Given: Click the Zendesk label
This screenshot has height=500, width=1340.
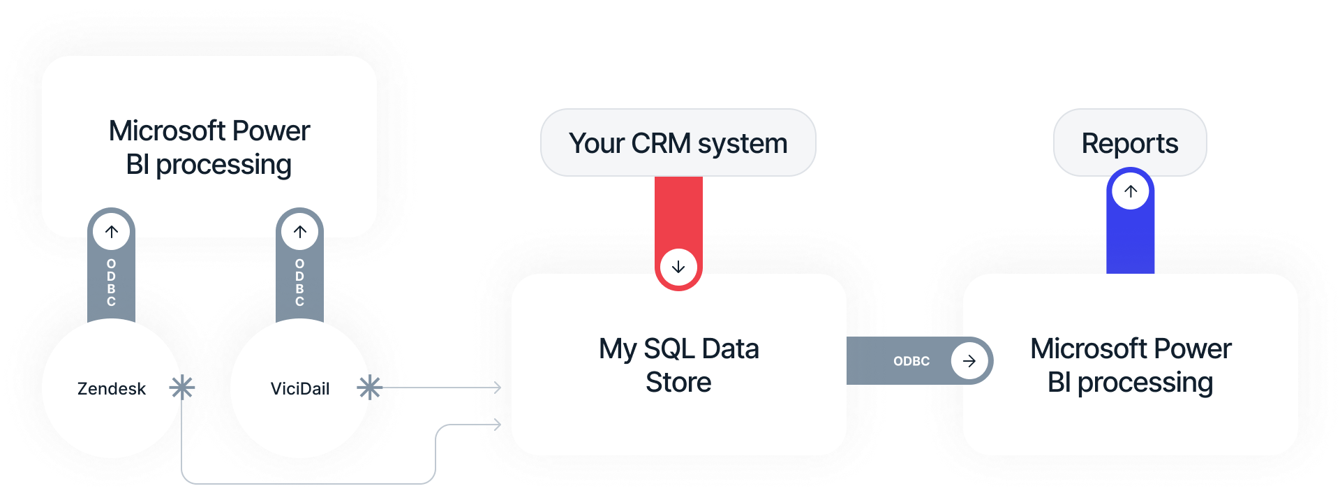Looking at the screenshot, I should coord(112,389).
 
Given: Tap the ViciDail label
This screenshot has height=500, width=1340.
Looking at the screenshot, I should coord(300,389).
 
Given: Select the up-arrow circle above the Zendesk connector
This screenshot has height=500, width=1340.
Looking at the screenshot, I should coord(112,232).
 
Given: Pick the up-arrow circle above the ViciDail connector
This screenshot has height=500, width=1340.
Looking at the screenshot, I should coord(300,232).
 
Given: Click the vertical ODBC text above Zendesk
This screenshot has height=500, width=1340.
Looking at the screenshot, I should coord(112,282).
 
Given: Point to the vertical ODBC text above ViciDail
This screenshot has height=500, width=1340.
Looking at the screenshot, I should coord(300,282).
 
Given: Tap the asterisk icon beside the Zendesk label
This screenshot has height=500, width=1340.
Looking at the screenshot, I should coord(182,388).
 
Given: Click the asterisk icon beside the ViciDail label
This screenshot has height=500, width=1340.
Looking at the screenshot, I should coord(369,388).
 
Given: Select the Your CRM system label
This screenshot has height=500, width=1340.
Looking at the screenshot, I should coord(678,143).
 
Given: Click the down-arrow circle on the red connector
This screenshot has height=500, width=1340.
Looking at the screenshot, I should coord(678,267).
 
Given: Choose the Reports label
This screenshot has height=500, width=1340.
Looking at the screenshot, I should coord(1129,143).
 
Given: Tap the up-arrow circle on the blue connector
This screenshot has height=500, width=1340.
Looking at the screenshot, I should coord(1131,191).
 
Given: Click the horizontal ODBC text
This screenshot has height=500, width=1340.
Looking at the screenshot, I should coord(911,361).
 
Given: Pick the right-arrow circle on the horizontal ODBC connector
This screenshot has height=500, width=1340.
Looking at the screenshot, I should coord(969,361).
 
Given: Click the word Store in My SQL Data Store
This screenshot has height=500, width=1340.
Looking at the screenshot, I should coord(678,383).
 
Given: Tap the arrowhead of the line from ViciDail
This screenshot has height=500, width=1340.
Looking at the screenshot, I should coord(497,388).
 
